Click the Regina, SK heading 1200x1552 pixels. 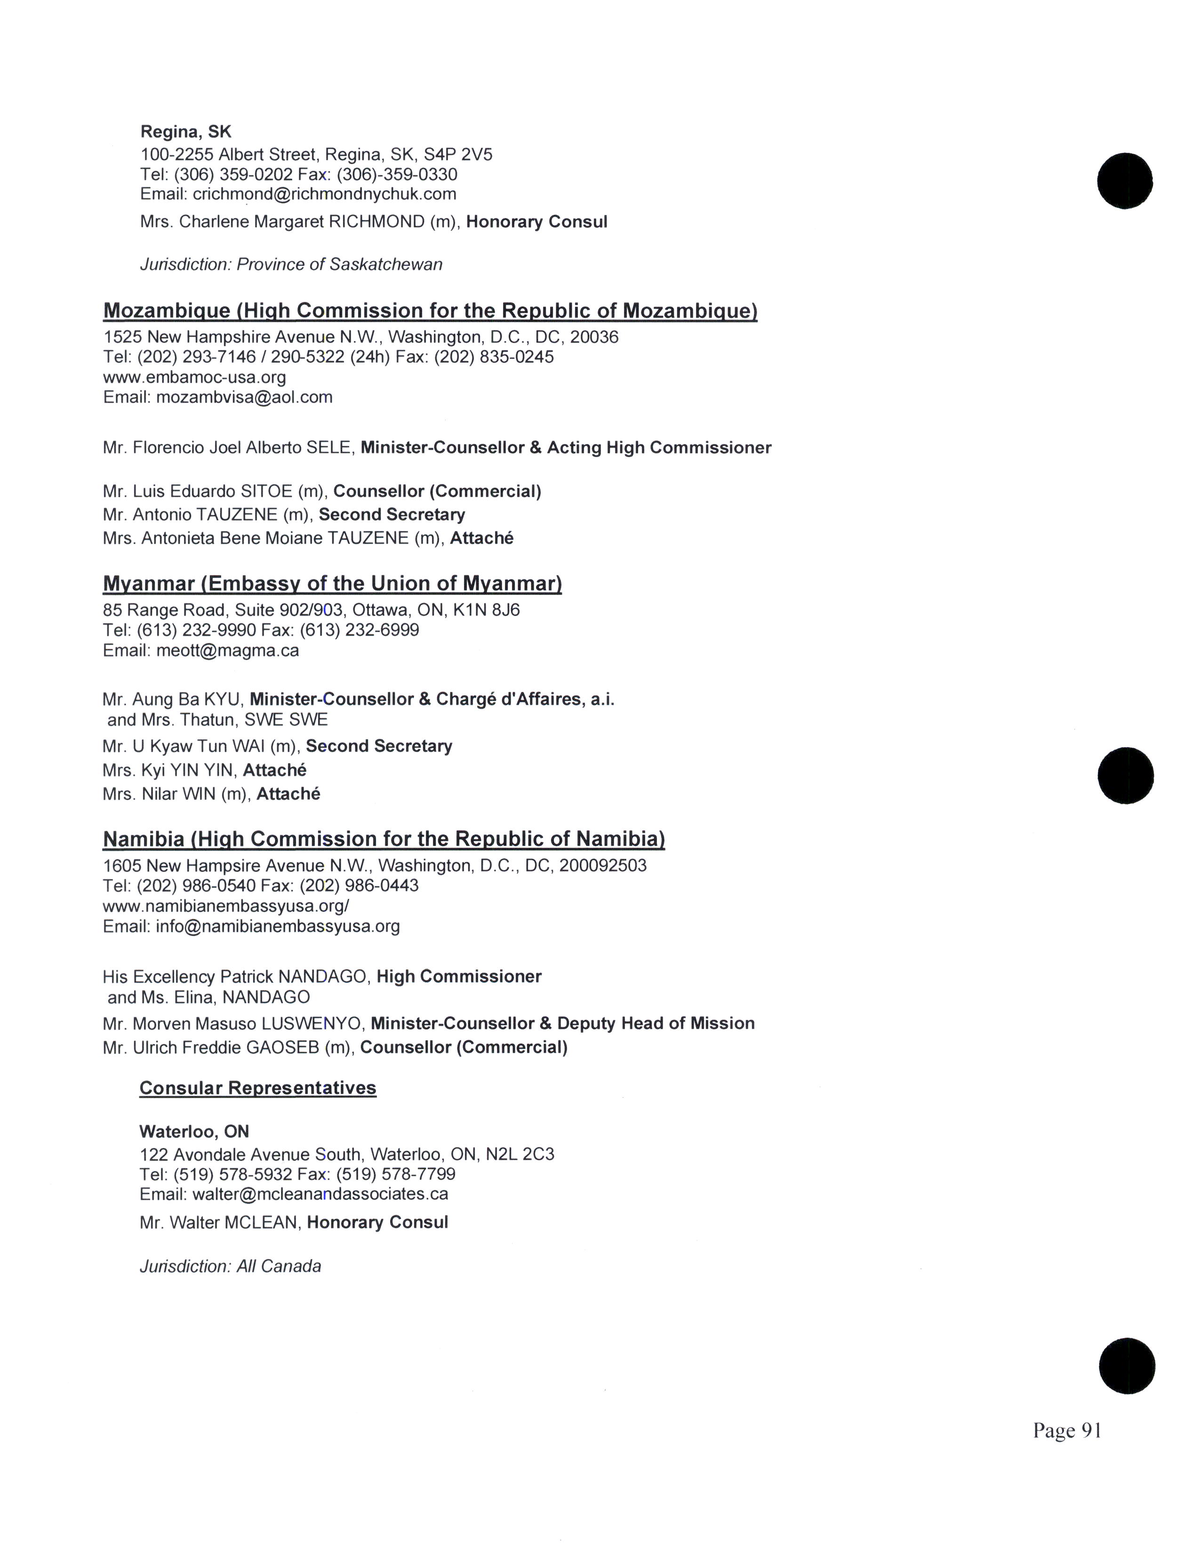click(185, 132)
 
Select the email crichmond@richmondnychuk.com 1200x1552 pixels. click(324, 194)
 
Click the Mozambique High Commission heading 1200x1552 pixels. click(430, 310)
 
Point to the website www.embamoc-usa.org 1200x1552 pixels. click(194, 377)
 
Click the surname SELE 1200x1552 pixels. click(329, 448)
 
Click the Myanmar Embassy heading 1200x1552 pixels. click(332, 584)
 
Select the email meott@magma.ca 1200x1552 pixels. click(227, 650)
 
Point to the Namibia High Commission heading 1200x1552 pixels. click(384, 839)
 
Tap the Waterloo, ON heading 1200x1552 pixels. click(194, 1131)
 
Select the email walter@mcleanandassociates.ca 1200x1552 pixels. click(320, 1194)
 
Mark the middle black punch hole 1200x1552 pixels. click(1125, 775)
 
